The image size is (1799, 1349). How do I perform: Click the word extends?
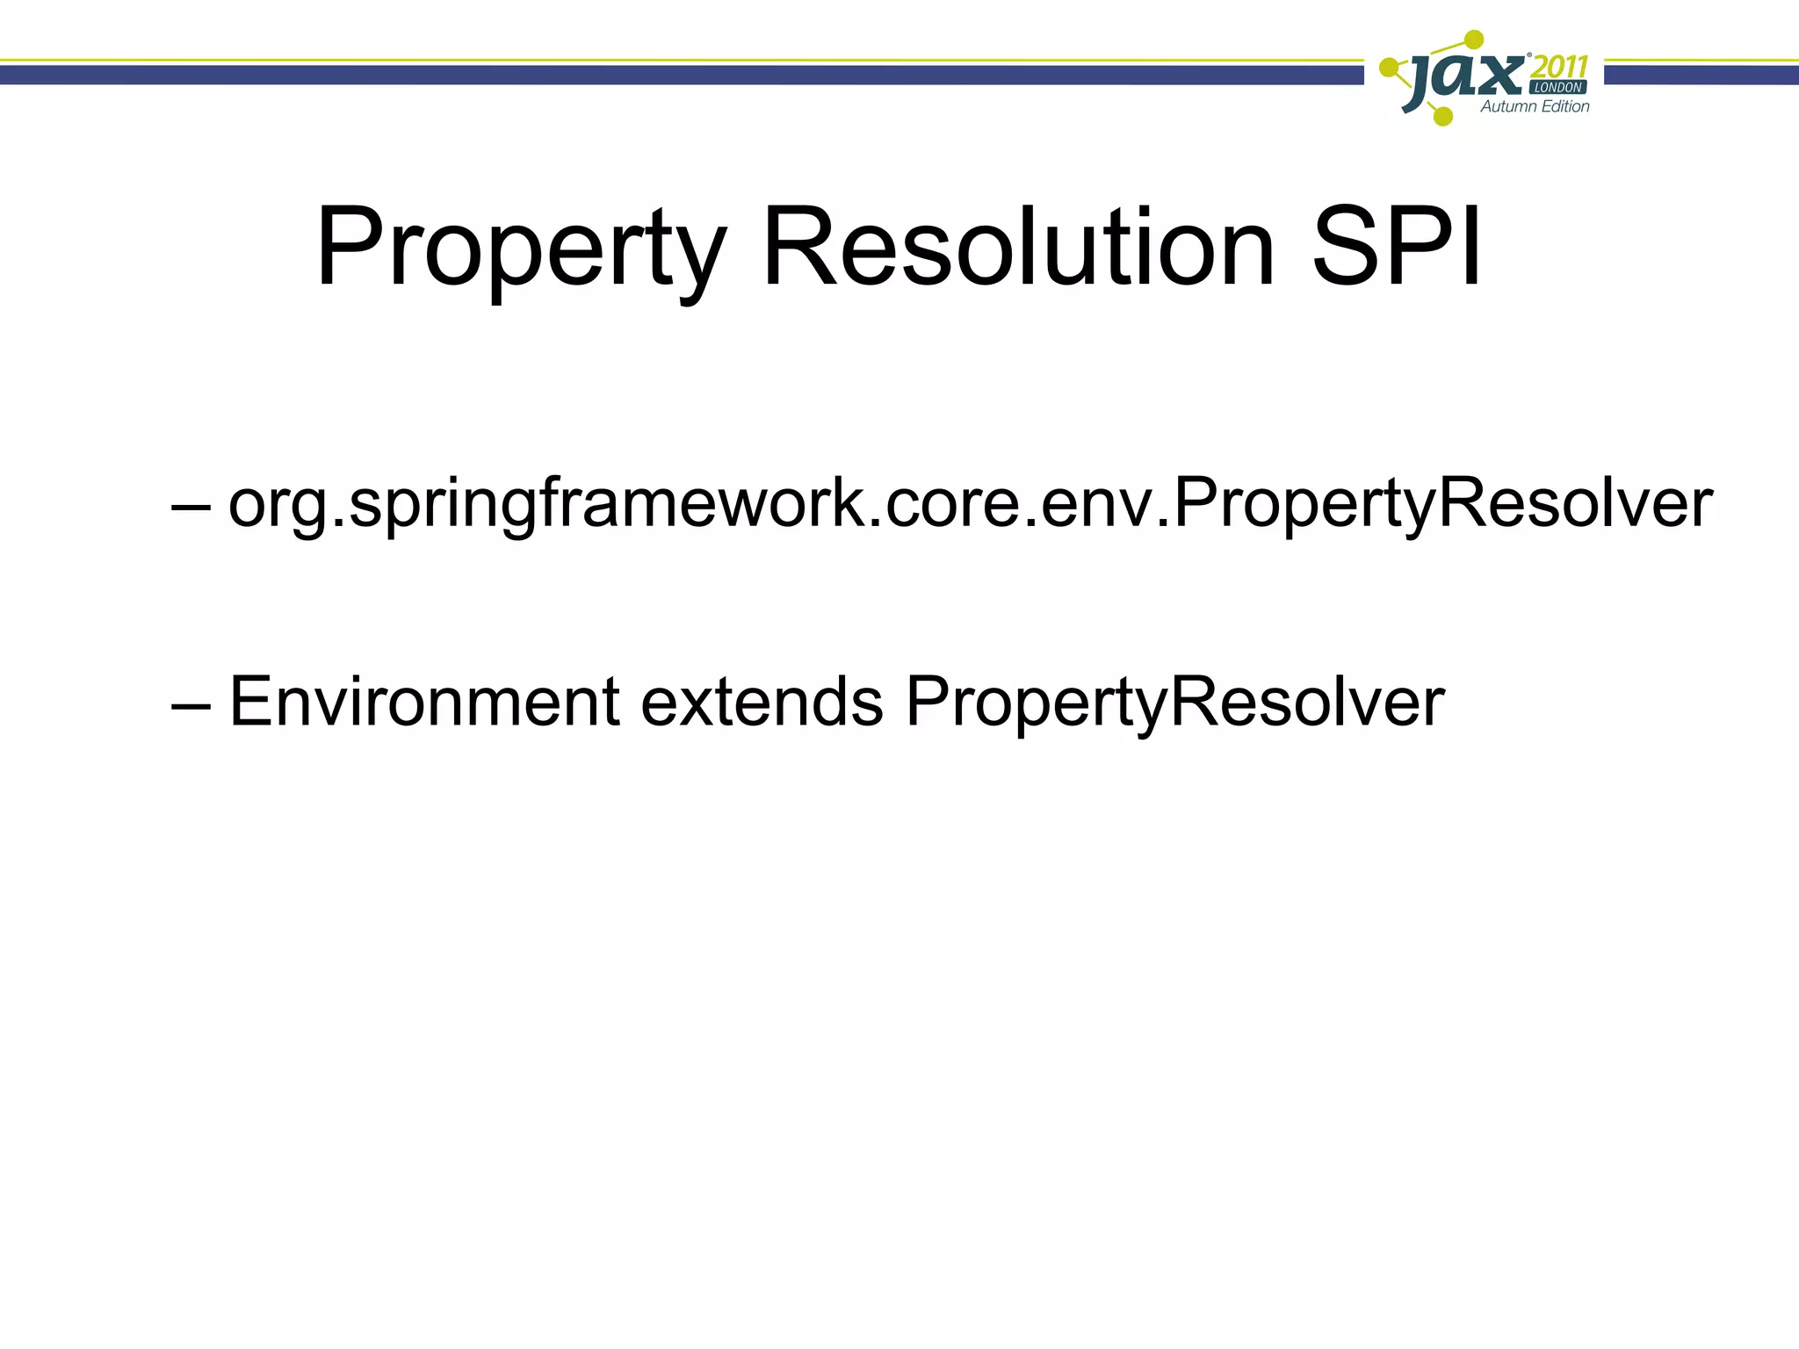pos(761,703)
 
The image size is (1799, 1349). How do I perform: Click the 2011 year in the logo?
pos(1558,66)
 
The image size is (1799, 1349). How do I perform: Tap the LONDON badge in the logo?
pos(1558,87)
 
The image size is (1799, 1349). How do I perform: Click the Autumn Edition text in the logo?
pos(1535,106)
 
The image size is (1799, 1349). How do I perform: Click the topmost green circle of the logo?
pos(1474,40)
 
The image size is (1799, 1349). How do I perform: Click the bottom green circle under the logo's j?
pos(1442,115)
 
